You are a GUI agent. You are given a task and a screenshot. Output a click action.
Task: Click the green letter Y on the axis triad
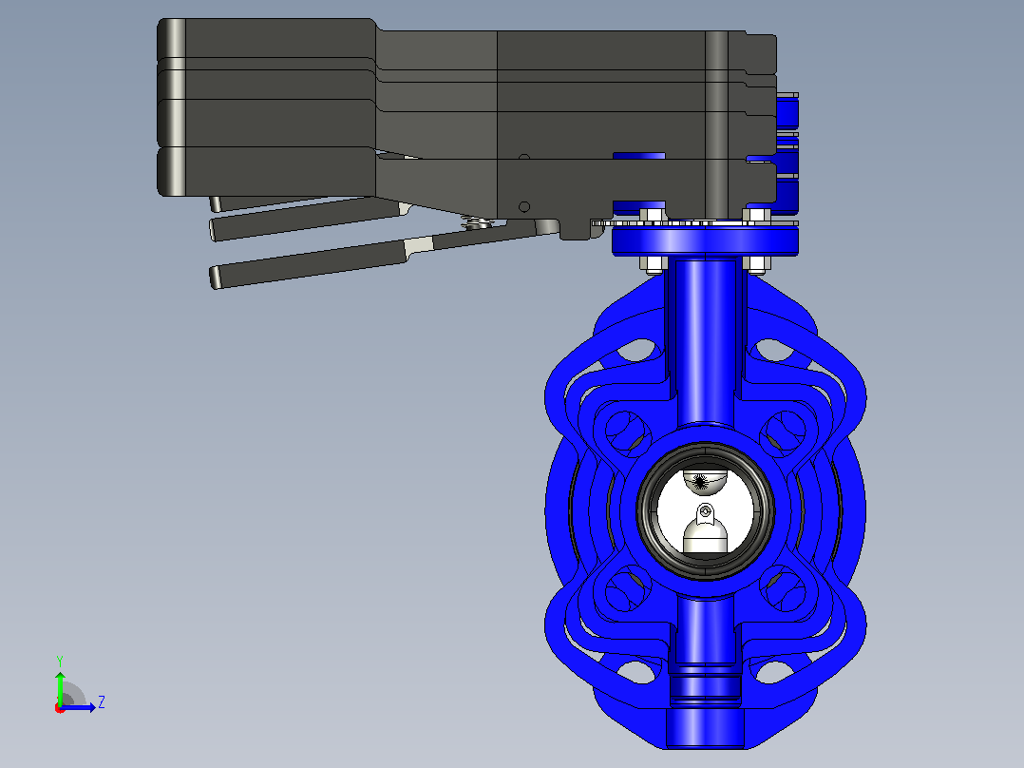click(60, 661)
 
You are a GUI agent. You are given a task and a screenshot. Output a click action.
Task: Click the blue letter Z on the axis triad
click(102, 702)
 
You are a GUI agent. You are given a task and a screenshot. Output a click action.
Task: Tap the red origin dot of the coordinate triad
click(60, 708)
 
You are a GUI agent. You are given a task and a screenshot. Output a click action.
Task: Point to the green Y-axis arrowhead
click(60, 676)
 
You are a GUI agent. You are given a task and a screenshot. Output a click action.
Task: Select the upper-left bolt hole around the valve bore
click(627, 432)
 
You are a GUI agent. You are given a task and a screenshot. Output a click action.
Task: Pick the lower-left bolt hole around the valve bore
click(627, 589)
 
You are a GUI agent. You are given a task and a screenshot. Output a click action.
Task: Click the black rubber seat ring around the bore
click(642, 510)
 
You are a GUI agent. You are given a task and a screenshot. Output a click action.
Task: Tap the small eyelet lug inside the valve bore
click(705, 514)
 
